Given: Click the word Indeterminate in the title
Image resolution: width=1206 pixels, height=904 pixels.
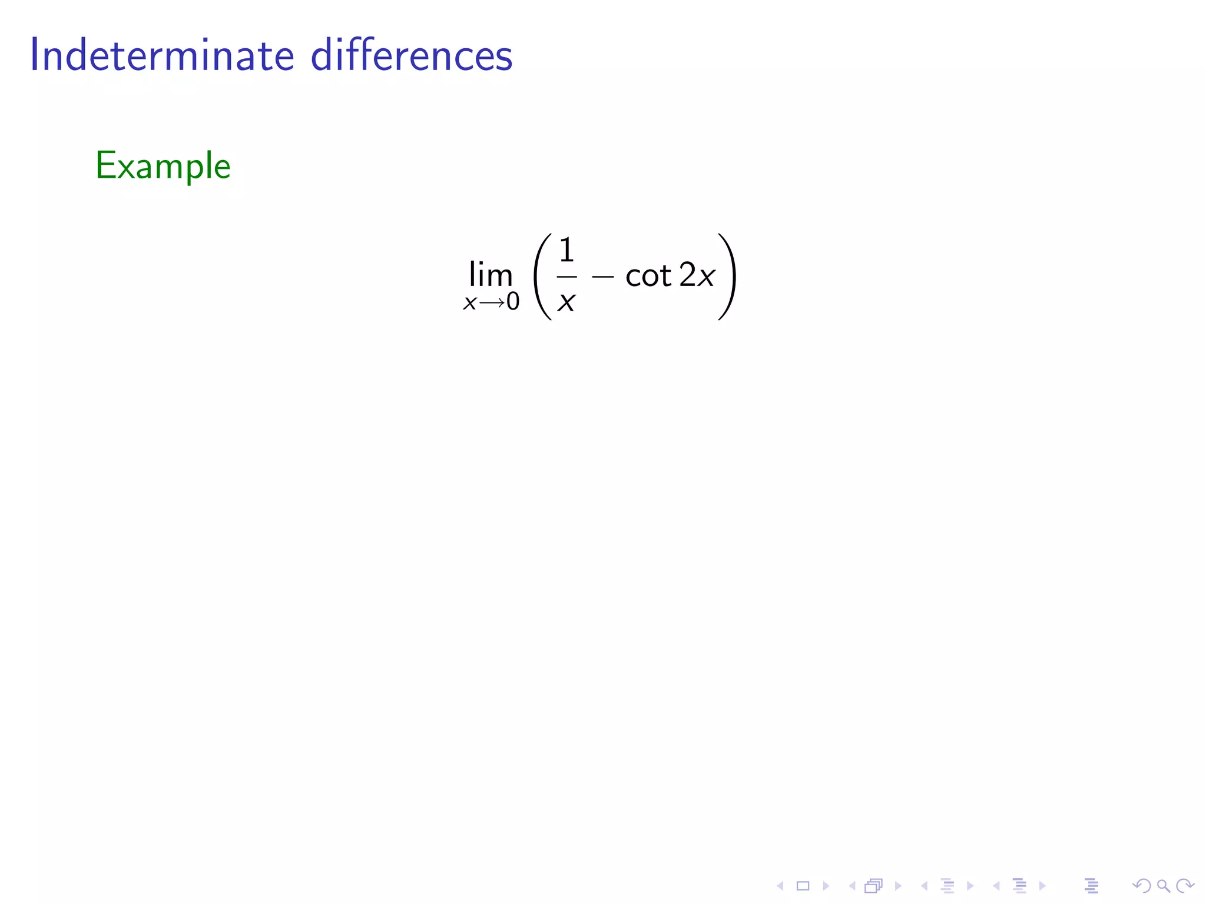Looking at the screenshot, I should pyautogui.click(x=162, y=56).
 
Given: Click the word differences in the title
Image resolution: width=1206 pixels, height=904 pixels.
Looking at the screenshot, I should pyautogui.click(x=412, y=56).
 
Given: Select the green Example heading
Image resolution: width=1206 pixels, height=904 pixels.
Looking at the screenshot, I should pyautogui.click(x=163, y=166).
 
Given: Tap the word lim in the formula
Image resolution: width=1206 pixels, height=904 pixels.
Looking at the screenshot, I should pyautogui.click(x=491, y=275).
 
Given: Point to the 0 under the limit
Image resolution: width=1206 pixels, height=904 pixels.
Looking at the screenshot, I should pyautogui.click(x=513, y=302).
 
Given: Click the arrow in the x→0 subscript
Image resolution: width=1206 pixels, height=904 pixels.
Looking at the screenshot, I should pyautogui.click(x=491, y=303).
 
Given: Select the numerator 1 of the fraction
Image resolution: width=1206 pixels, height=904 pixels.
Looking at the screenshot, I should pyautogui.click(x=566, y=250).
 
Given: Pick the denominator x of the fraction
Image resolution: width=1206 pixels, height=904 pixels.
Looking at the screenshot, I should pyautogui.click(x=566, y=301).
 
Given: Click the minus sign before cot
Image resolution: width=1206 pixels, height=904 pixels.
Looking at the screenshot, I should pyautogui.click(x=602, y=275).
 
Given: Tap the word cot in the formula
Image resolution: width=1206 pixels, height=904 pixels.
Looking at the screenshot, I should pyautogui.click(x=648, y=275).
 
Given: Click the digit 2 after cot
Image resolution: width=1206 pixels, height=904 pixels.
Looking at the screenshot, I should pyautogui.click(x=687, y=275).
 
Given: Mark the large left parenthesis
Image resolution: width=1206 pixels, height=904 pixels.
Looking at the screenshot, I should pyautogui.click(x=542, y=277).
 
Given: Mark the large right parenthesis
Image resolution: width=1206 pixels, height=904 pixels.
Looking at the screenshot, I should pyautogui.click(x=727, y=277).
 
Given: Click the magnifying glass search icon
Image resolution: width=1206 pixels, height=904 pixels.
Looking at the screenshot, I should pyautogui.click(x=1163, y=885).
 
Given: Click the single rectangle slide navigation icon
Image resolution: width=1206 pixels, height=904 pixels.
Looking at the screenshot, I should pyautogui.click(x=803, y=885).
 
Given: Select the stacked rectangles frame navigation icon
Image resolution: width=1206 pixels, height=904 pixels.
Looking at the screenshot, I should pyautogui.click(x=874, y=885).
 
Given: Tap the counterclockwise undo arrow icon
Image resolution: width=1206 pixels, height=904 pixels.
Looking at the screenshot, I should pyautogui.click(x=1142, y=885).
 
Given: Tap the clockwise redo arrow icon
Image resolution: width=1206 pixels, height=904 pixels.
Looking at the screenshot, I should pyautogui.click(x=1184, y=885).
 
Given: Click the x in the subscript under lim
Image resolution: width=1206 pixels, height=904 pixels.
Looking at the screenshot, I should pyautogui.click(x=469, y=303).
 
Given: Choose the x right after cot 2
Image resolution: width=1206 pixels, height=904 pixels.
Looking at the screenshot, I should pyautogui.click(x=706, y=275).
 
